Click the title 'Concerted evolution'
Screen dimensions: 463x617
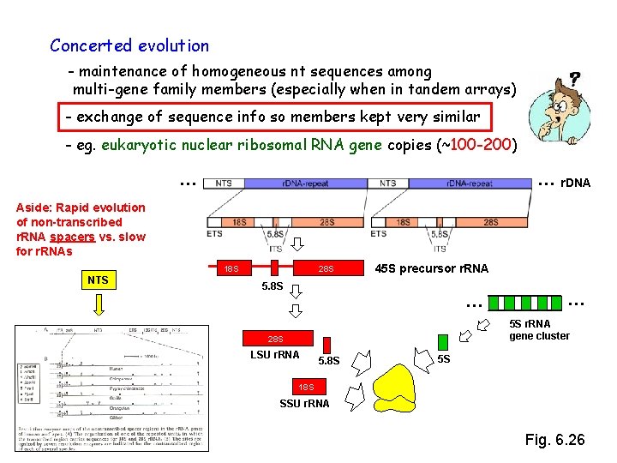coord(129,45)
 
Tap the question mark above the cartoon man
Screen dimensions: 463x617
coord(574,77)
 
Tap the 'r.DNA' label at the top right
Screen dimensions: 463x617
coord(574,183)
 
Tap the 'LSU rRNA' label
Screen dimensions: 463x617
coord(275,355)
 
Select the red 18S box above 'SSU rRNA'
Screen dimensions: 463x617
coord(306,388)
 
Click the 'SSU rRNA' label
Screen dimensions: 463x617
coord(305,404)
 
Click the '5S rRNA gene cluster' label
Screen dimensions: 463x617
coord(539,330)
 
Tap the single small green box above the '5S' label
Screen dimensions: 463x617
coord(443,341)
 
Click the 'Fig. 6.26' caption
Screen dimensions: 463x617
coord(554,440)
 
